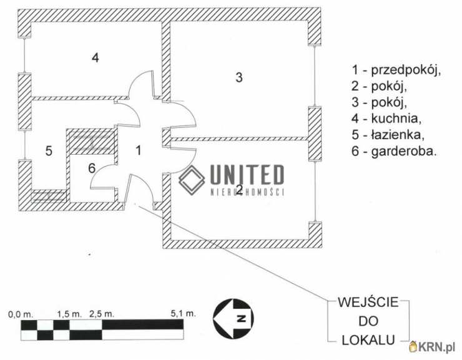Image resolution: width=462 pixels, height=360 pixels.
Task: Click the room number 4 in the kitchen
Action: [x=95, y=58]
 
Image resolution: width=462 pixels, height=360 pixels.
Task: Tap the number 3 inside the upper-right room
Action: [x=238, y=78]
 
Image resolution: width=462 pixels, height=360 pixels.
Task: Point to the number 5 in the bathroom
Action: [x=48, y=150]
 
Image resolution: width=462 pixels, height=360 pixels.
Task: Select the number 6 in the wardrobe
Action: [x=91, y=168]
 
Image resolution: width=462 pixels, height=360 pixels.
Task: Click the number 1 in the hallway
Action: [x=139, y=150]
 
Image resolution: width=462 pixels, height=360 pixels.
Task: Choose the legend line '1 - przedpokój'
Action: [x=396, y=71]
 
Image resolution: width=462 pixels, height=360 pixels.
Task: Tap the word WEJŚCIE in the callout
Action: [x=368, y=302]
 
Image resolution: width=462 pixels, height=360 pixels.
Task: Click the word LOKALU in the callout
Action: [x=368, y=339]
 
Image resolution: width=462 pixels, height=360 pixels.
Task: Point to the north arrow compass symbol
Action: [x=233, y=318]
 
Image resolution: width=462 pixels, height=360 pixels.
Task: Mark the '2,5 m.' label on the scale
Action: [x=102, y=314]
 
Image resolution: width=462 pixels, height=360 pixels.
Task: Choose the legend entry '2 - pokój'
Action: [x=382, y=86]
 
